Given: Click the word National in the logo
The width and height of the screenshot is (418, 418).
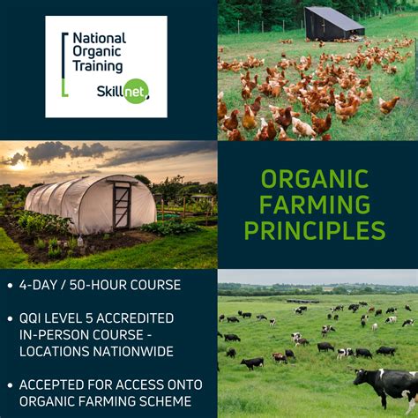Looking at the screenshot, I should point(99,39).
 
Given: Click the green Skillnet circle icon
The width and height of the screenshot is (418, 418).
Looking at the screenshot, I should point(136,91).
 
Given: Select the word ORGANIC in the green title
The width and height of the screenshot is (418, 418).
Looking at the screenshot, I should point(315,179).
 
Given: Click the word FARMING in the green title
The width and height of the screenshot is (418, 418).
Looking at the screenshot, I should point(315,205).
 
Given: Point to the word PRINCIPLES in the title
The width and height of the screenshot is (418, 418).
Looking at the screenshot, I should point(315,231).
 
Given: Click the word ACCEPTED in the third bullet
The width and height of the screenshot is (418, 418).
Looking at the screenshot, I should point(56,384).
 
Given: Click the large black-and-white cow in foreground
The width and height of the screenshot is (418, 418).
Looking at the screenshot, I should point(388,384).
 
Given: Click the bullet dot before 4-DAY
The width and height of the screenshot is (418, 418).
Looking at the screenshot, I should point(9,286).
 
